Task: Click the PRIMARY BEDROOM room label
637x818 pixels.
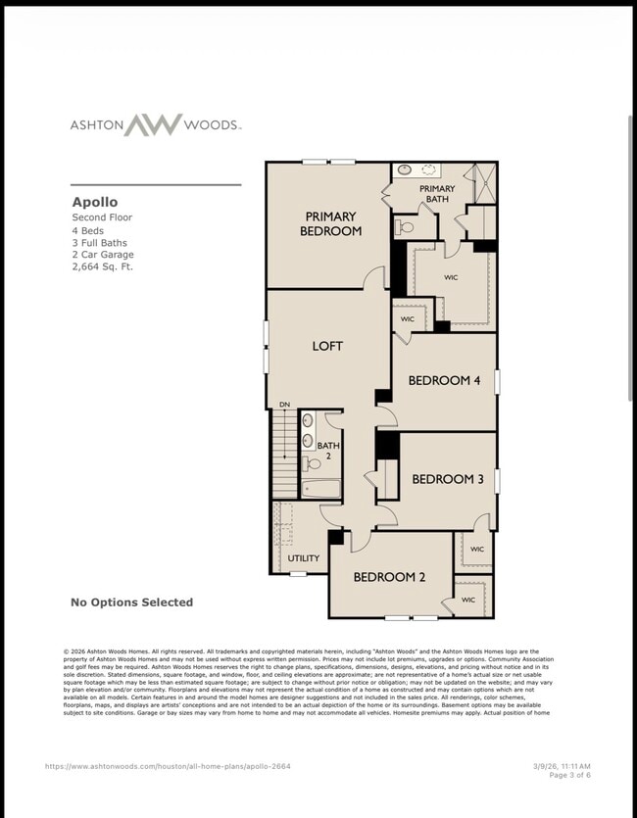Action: coord(330,223)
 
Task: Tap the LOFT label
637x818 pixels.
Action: coord(327,346)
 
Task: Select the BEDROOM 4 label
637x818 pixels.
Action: coord(444,380)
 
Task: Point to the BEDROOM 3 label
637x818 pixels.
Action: coord(448,479)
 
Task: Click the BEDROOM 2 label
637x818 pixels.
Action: coord(389,577)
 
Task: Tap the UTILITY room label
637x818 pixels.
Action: coord(303,557)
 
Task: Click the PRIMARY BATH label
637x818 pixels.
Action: coord(437,194)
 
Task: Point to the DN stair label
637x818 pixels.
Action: coord(284,405)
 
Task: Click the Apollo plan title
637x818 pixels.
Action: coord(94,203)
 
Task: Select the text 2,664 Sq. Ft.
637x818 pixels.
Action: coord(102,266)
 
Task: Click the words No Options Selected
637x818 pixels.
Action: coord(131,602)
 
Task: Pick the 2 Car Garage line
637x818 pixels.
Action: coord(102,254)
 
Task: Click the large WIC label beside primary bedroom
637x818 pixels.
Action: coord(451,277)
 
